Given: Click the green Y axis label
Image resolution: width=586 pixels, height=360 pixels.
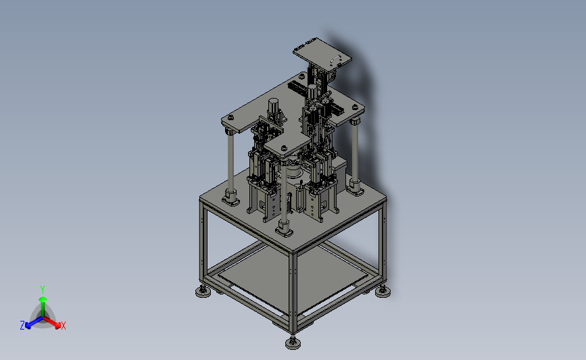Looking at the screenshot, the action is (x=42, y=290).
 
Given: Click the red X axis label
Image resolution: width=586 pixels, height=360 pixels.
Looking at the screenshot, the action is (x=63, y=326).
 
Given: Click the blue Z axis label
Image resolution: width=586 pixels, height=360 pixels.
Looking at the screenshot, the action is (x=22, y=326).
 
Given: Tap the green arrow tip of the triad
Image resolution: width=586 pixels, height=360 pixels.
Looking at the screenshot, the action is (x=43, y=299).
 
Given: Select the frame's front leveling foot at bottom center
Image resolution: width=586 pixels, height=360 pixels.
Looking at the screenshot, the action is (x=293, y=342).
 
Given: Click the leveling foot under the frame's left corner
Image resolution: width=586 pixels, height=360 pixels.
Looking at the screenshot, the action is (x=203, y=291).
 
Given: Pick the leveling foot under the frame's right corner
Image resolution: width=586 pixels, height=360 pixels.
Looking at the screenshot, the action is (x=383, y=291).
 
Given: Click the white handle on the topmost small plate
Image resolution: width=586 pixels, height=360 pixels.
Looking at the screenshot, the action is (x=335, y=59).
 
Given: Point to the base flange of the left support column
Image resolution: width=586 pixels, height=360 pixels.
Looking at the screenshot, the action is (x=230, y=198).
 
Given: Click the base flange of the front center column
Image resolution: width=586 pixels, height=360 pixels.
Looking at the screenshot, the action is (x=284, y=228).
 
